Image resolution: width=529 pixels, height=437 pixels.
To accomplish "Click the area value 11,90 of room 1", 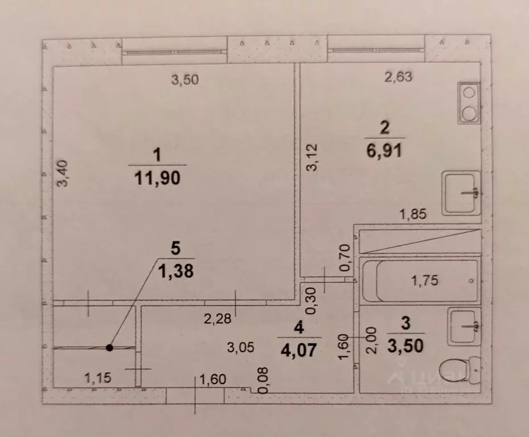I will [x=158, y=178].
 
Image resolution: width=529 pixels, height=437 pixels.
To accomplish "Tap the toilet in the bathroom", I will [x=463, y=369].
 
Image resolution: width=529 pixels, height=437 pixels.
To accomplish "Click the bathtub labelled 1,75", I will [x=420, y=281].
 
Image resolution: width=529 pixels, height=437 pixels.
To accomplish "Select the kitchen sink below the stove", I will [x=461, y=193].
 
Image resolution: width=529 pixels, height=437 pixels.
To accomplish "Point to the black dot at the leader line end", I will [x=109, y=347].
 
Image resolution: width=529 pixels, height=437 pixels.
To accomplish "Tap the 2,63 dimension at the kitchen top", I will [x=398, y=77].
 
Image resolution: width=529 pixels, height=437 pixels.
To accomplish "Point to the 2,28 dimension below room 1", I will [x=218, y=319].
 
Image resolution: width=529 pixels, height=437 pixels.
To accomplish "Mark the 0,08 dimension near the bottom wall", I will [x=263, y=380].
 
